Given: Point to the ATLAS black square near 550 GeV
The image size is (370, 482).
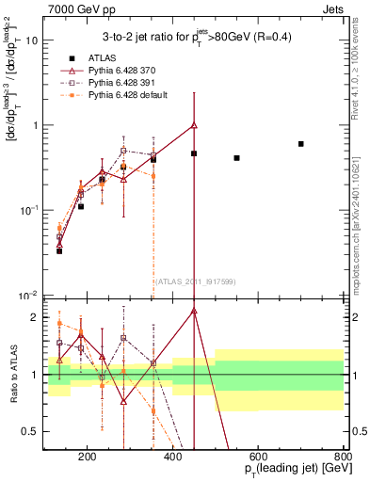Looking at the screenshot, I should (236, 158).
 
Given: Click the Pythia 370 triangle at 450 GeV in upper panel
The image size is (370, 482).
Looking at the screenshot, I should (194, 125).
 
